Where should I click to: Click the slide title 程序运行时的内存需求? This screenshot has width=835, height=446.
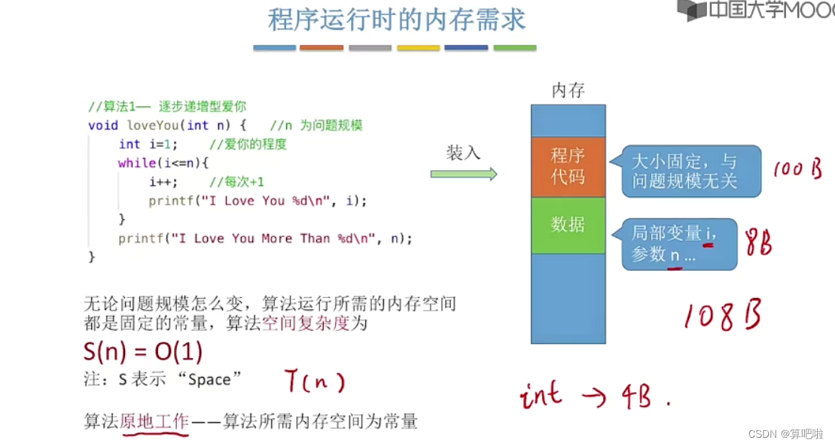coord(396,20)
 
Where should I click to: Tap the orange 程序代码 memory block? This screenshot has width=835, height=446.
coord(568,167)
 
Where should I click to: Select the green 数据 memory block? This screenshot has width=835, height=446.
coord(568,224)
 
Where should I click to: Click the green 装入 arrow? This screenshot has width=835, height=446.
coord(463,174)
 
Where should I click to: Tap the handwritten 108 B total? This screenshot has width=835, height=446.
coord(722,315)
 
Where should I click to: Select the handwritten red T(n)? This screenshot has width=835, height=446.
coord(314,382)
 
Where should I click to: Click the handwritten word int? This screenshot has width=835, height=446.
coord(541,395)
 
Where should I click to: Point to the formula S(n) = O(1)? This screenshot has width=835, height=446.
coord(143,352)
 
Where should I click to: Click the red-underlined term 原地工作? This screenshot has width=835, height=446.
coord(154,421)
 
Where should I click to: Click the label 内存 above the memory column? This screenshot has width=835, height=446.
coord(568,91)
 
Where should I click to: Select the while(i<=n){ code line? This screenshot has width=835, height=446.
coord(163,162)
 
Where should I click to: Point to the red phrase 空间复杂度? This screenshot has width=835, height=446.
coord(297,323)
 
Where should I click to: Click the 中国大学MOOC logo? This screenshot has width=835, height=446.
coord(755,11)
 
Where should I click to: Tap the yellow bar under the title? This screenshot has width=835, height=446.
coord(419,47)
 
